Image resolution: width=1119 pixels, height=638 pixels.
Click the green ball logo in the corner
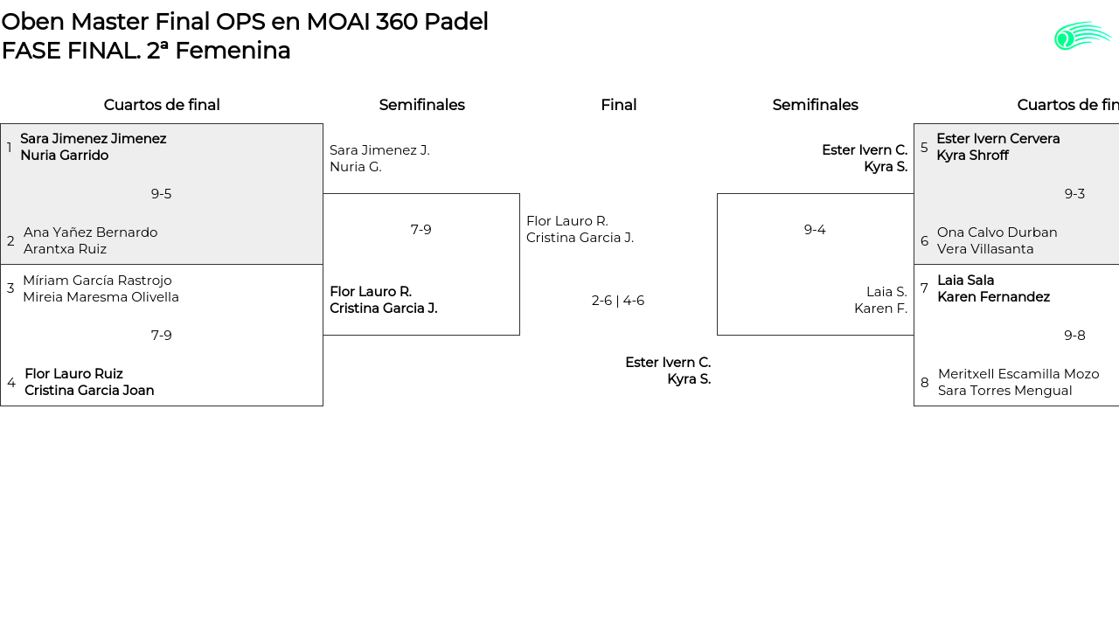[1082, 36]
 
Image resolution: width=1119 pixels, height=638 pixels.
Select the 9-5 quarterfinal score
[161, 194]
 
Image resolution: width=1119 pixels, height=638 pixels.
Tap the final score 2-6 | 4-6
[618, 301]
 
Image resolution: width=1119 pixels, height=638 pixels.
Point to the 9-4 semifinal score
[815, 230]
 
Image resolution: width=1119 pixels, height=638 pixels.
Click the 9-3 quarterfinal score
[1074, 194]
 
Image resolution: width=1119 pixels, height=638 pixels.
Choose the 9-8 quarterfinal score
[1074, 335]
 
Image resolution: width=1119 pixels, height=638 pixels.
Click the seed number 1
[9, 148]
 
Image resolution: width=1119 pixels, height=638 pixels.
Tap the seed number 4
[11, 383]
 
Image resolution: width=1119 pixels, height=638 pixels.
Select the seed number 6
[925, 241]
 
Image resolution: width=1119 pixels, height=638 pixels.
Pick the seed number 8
[925, 383]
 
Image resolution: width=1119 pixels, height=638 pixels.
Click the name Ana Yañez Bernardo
[90, 232]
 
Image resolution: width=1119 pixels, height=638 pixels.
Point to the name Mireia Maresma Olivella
[101, 297]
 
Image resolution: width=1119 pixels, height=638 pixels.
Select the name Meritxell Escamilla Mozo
[1018, 374]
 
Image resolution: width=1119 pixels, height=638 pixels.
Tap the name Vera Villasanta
[985, 249]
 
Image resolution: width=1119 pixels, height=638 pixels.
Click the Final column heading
[618, 105]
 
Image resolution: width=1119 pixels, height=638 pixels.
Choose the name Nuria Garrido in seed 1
[65, 156]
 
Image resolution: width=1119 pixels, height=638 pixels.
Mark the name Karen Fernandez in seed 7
[994, 297]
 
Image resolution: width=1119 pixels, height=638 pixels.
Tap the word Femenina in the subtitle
[233, 51]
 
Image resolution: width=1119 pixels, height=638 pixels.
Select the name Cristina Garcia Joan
[89, 391]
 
